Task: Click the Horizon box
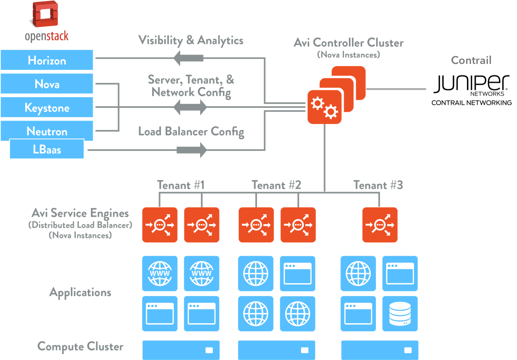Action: click(x=47, y=60)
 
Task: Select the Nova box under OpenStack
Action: click(x=47, y=84)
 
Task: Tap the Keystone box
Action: click(x=47, y=107)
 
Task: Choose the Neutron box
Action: click(x=47, y=131)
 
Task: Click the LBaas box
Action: click(x=47, y=149)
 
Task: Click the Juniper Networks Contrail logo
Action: click(x=471, y=89)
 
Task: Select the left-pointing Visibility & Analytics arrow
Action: click(x=188, y=58)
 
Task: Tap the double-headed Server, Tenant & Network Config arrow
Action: click(x=190, y=107)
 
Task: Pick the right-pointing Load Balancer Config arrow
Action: click(x=192, y=150)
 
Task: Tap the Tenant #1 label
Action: click(x=181, y=185)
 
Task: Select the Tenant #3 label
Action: click(x=378, y=185)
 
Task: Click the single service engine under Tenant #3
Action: click(x=380, y=225)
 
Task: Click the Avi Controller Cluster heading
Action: click(x=348, y=43)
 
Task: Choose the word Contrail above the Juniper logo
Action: click(x=471, y=60)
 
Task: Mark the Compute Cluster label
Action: click(x=80, y=346)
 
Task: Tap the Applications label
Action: click(x=80, y=292)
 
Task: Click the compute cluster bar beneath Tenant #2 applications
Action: click(x=276, y=350)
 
